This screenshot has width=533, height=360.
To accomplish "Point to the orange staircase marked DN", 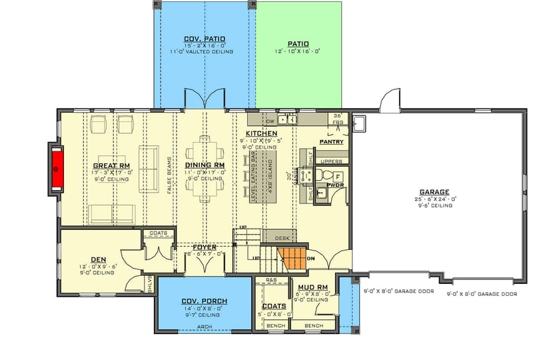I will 291,257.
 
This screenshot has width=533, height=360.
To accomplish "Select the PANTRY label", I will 331,142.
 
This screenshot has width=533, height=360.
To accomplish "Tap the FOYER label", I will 203,246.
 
